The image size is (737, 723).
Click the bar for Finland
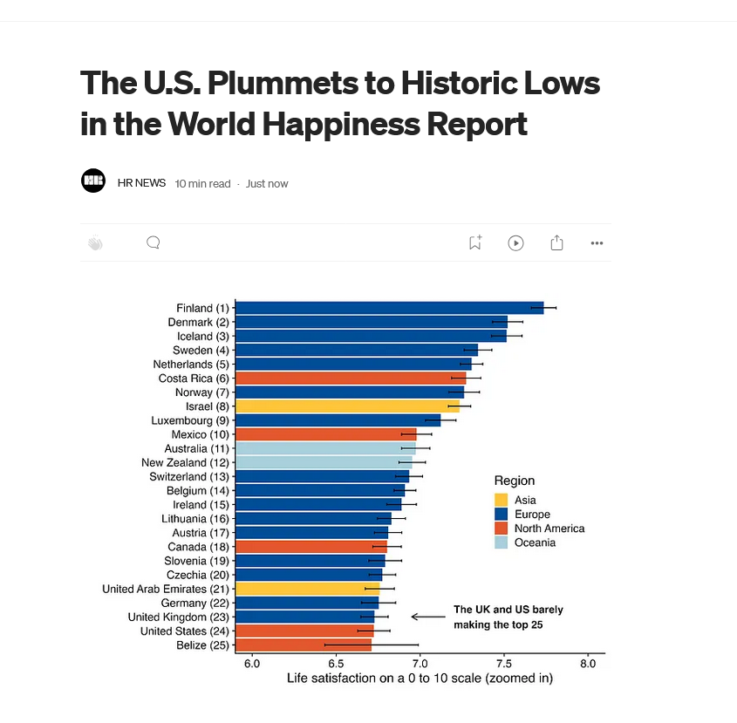coord(389,308)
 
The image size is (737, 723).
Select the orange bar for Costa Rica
coord(351,379)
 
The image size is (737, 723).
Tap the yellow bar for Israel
coord(347,406)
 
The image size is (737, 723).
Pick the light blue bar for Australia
coord(325,448)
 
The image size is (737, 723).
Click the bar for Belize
coord(304,645)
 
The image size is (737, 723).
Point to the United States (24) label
coord(185,631)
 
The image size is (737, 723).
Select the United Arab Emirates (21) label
coord(166,589)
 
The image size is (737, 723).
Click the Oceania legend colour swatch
coord(501,542)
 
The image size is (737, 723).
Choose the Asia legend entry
coord(525,501)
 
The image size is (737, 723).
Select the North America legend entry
coord(549,529)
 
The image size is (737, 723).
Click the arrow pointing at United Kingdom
coord(427,617)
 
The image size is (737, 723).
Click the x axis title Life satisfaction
coord(420,679)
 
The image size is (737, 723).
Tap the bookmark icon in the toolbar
coord(474,242)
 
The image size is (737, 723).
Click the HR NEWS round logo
coord(93,181)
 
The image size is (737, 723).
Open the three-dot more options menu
coord(597,243)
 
